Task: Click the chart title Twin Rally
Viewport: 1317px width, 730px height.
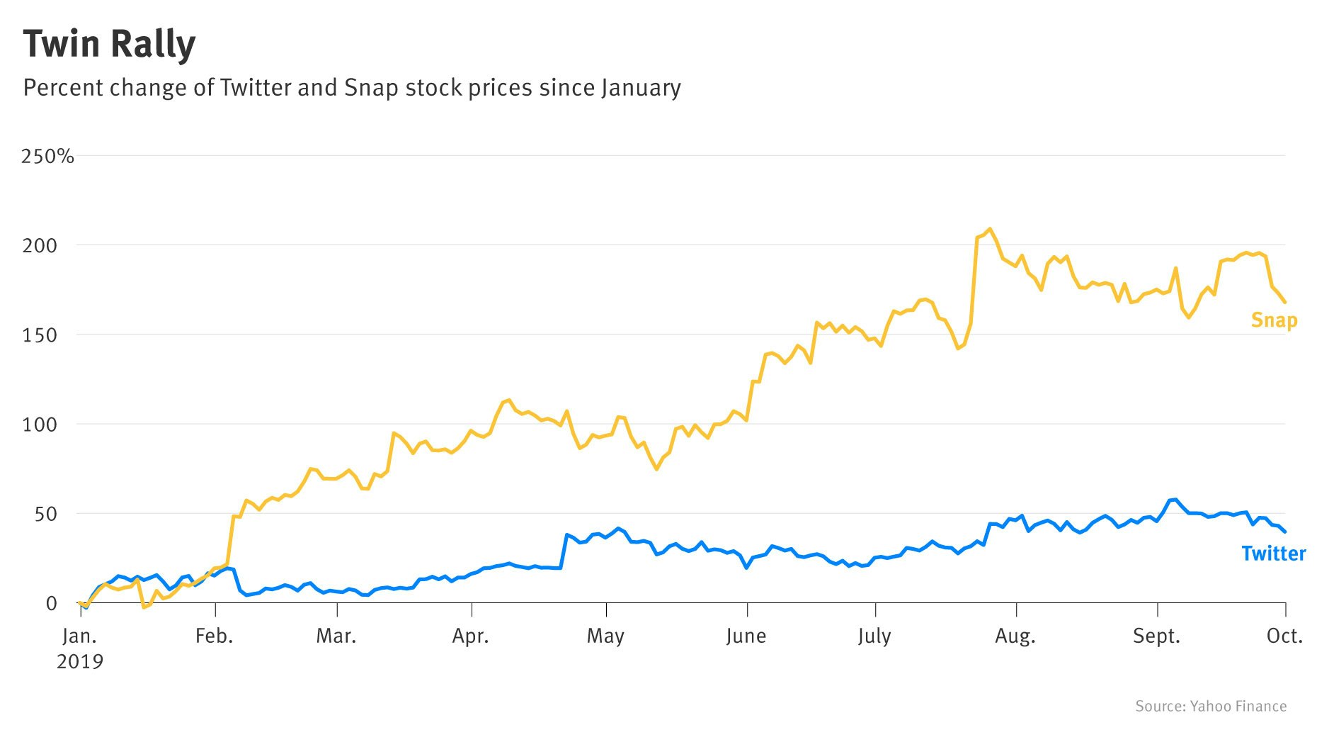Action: pos(109,45)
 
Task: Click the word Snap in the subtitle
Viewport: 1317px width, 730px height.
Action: pos(371,88)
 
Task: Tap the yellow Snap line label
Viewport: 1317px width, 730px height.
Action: pos(1274,320)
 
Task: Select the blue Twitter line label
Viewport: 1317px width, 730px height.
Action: pos(1273,554)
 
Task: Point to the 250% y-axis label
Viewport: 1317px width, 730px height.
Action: pos(47,156)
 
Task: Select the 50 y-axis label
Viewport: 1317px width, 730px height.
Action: pos(46,514)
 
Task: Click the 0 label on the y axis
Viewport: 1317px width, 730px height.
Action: pos(51,603)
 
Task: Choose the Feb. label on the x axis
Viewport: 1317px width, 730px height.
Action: pos(214,636)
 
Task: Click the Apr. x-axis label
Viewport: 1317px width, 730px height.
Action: pos(471,636)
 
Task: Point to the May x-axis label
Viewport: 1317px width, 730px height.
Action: pos(605,636)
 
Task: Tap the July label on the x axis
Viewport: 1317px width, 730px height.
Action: pos(874,636)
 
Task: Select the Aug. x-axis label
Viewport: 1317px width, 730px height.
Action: pos(1015,636)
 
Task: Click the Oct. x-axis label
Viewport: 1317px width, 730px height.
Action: pos(1284,636)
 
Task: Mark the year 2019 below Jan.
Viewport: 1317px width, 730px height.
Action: pos(80,662)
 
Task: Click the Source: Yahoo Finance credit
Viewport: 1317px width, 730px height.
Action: pos(1211,706)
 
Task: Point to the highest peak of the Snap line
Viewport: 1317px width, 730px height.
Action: pos(990,229)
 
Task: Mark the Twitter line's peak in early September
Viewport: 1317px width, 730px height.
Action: pos(1176,500)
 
